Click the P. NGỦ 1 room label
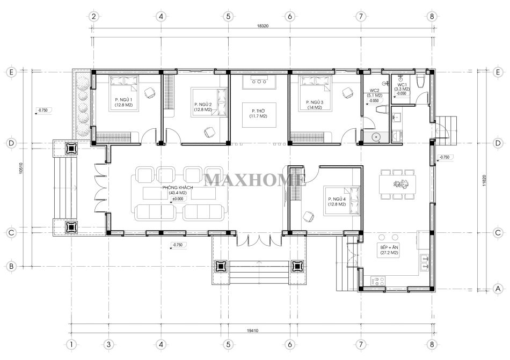(123, 99)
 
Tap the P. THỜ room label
(258, 111)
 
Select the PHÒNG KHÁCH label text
(178, 188)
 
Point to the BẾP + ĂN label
(389, 247)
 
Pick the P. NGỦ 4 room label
(337, 199)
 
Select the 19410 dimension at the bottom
(252, 330)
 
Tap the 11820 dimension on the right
(484, 181)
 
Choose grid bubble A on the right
(498, 289)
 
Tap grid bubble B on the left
(11, 267)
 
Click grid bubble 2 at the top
(93, 16)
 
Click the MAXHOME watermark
(254, 180)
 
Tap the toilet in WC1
(420, 81)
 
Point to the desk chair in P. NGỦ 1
(150, 93)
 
